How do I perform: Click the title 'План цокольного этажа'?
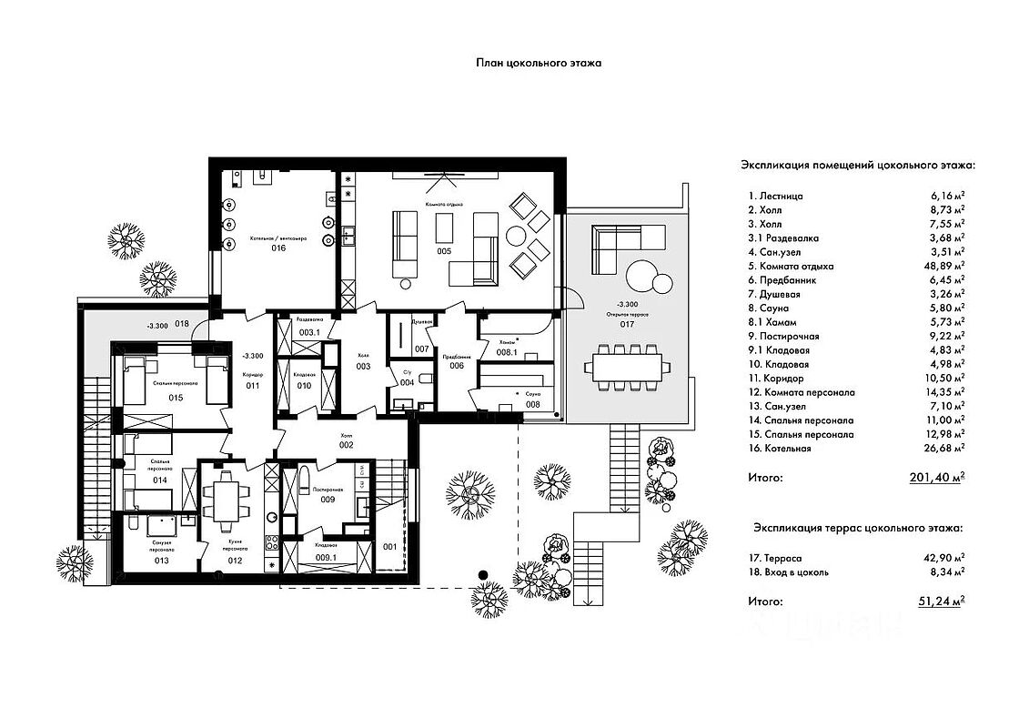pos(539,63)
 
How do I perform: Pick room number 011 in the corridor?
pos(252,386)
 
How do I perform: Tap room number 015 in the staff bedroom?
pos(176,399)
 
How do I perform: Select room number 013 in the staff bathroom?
pos(161,561)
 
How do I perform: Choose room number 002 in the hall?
pos(346,445)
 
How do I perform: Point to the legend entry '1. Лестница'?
pos(776,196)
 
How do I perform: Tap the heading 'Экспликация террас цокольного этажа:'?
pos(857,528)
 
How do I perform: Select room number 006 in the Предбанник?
pos(457,366)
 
